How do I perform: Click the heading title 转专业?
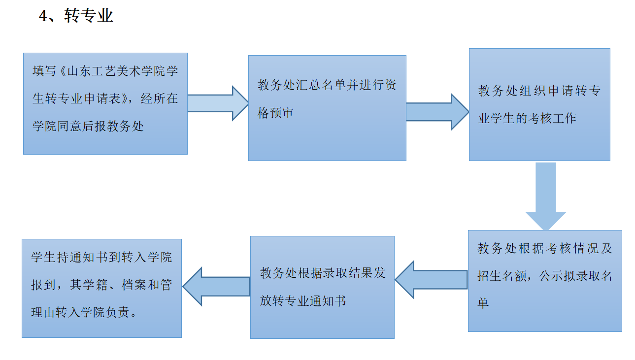pos(89,16)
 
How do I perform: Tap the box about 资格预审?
pos(327,108)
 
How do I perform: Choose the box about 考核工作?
pos(539,104)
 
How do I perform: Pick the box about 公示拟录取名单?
pos(545,281)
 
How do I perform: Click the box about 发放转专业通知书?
pos(322,287)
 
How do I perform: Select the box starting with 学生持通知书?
pos(101,288)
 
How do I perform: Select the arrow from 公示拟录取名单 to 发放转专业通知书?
pos(431,279)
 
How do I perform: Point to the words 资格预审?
pos(275,113)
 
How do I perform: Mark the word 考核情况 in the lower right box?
pos(570,248)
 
